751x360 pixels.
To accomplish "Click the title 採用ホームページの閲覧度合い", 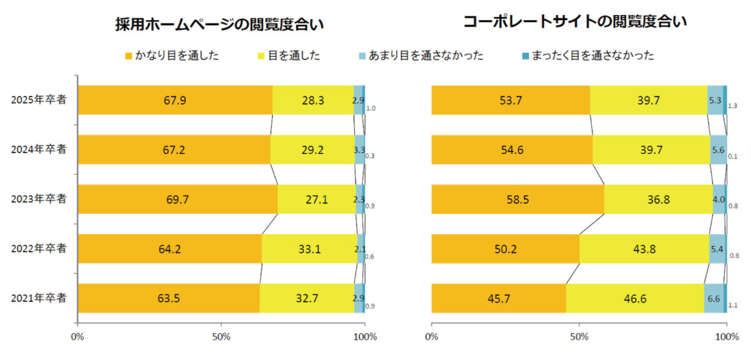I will pyautogui.click(x=222, y=24).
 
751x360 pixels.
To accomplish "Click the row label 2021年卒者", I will pyautogui.click(x=39, y=298).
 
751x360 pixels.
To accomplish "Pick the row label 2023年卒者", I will pyautogui.click(x=39, y=199).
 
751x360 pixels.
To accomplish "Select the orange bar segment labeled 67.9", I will pyautogui.click(x=175, y=100).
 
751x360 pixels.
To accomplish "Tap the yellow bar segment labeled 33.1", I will pyautogui.click(x=309, y=249).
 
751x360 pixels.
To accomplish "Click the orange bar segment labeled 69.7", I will pyautogui.click(x=178, y=199).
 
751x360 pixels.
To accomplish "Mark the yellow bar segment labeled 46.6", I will pyautogui.click(x=635, y=298).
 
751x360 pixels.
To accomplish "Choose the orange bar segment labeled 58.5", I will pyautogui.click(x=518, y=199).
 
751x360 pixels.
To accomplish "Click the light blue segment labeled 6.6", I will pyautogui.click(x=713, y=298).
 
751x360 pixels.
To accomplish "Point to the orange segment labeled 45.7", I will pyautogui.click(x=499, y=298).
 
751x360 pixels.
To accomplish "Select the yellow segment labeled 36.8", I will pyautogui.click(x=658, y=199).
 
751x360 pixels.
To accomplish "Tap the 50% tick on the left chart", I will pyautogui.click(x=222, y=337).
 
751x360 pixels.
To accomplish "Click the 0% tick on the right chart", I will pyautogui.click(x=431, y=337).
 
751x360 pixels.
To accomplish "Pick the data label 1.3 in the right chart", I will pyautogui.click(x=733, y=106).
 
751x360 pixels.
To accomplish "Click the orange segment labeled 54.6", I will pyautogui.click(x=512, y=150).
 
